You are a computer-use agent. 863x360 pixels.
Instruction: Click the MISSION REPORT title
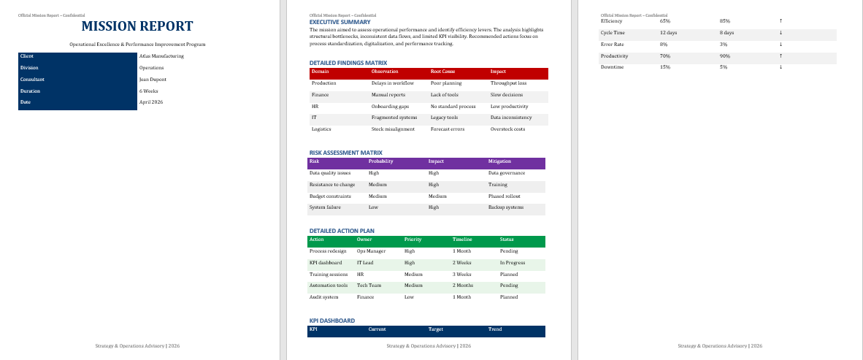tap(137, 27)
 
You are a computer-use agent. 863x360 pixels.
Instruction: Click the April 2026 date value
tap(151, 102)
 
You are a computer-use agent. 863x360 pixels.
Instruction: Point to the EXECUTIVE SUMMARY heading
tap(340, 22)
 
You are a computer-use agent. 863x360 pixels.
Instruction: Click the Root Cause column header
tap(443, 72)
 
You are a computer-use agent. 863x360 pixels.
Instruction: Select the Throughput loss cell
tap(509, 83)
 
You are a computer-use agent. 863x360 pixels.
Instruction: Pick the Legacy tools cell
tap(445, 118)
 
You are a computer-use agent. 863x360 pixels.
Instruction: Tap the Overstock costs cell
tap(507, 129)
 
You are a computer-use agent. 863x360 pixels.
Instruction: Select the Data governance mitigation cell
tap(507, 173)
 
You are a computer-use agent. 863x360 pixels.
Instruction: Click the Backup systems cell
tap(506, 208)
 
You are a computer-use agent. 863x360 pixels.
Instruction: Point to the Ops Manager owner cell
tap(371, 250)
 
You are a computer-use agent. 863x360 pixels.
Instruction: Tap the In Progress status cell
tap(513, 262)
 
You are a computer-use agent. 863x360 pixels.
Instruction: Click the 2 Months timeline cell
tap(463, 286)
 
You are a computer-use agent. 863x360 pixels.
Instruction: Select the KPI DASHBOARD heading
tap(332, 321)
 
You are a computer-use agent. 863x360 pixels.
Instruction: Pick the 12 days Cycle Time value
tap(668, 33)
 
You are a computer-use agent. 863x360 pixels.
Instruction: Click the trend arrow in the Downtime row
tap(781, 67)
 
